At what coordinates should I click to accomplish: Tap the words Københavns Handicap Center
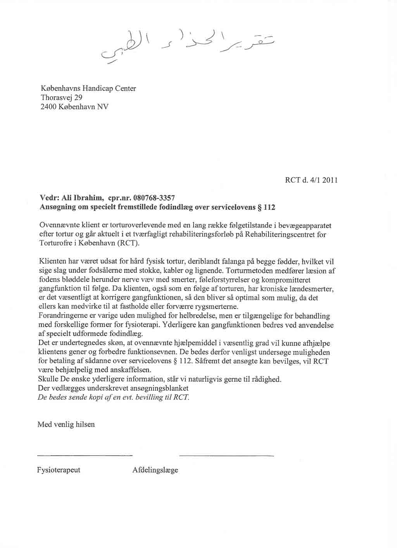pyautogui.click(x=88, y=88)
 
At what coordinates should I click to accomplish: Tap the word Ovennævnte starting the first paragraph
pyautogui.click(x=58, y=225)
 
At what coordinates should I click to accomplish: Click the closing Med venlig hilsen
pyautogui.click(x=66, y=424)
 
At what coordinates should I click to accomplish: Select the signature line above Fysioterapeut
pyautogui.click(x=85, y=455)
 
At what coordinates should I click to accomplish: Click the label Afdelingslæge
pyautogui.click(x=155, y=470)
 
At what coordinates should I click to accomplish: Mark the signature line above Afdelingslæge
pyautogui.click(x=227, y=455)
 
